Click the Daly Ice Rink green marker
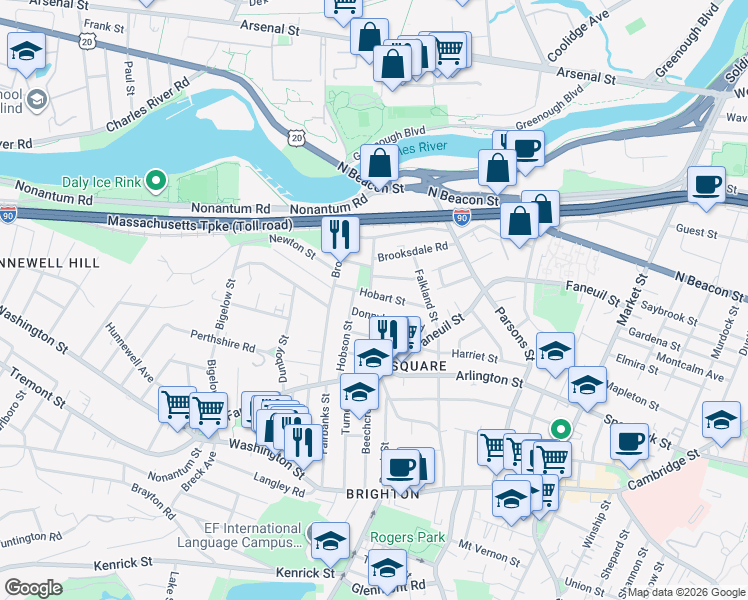pos(155,181)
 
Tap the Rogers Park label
pos(407,537)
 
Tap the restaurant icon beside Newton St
pos(340,234)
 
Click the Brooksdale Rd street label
pos(411,254)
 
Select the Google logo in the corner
pos(33,587)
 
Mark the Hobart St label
pos(383,298)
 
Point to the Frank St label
pos(105,25)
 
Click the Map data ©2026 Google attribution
pos(685,592)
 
